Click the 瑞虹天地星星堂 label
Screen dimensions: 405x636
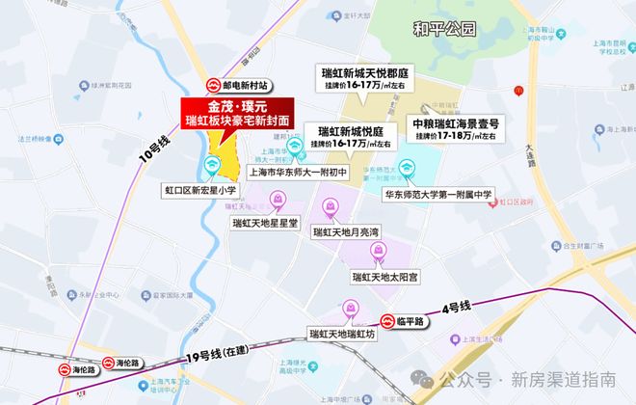coord(265,222)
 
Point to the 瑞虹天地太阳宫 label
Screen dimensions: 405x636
coord(384,277)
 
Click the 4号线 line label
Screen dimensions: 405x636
coord(456,308)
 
